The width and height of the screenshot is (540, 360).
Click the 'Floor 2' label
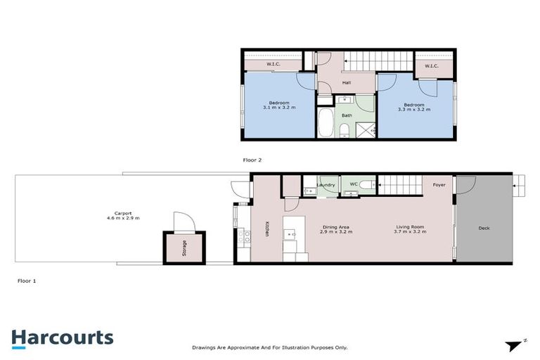click(252, 160)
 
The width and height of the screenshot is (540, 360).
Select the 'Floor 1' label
click(27, 281)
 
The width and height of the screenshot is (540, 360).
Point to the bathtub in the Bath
click(326, 124)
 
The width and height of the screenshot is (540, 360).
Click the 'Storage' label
click(184, 248)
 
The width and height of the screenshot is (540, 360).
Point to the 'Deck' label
click(484, 228)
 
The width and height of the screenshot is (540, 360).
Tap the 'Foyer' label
click(439, 185)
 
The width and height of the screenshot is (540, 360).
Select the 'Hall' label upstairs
click(347, 83)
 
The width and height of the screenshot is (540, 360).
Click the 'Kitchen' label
click(268, 230)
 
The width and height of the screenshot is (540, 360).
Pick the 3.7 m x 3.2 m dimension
click(411, 231)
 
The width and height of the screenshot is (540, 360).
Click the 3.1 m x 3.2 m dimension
click(278, 108)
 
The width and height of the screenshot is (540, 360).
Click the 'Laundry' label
click(326, 185)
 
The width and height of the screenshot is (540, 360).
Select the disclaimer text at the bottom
click(270, 347)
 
